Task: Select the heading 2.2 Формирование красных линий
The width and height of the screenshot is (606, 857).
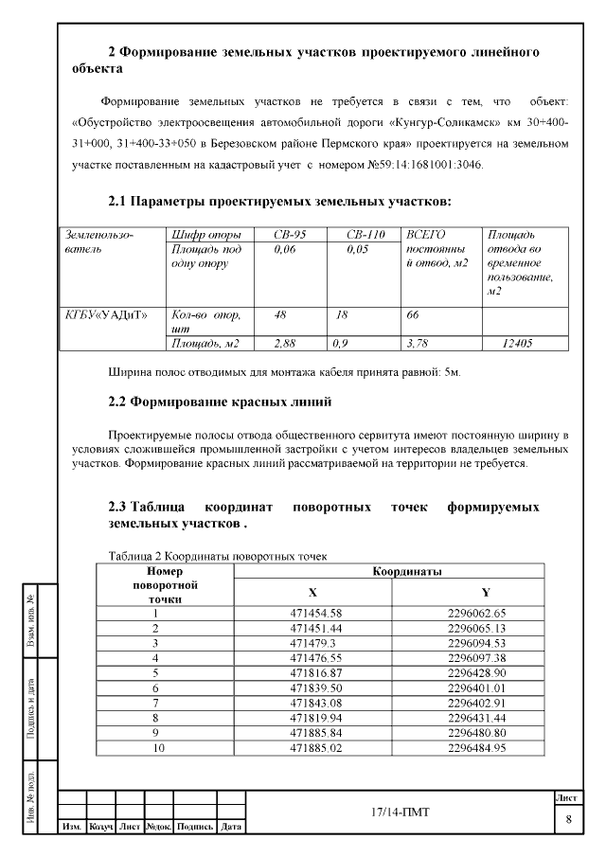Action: pos(220,403)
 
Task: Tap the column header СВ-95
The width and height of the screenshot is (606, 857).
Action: pos(291,234)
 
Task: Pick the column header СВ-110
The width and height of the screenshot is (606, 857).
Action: pos(363,234)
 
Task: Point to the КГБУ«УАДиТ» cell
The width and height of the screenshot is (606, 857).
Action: pos(106,313)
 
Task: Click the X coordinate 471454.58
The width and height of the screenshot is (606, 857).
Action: pos(315,613)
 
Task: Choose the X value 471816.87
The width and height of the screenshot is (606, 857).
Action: pos(315,673)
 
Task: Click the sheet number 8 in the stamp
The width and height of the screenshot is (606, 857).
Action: pos(568,819)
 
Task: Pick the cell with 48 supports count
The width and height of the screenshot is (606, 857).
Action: pos(280,313)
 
